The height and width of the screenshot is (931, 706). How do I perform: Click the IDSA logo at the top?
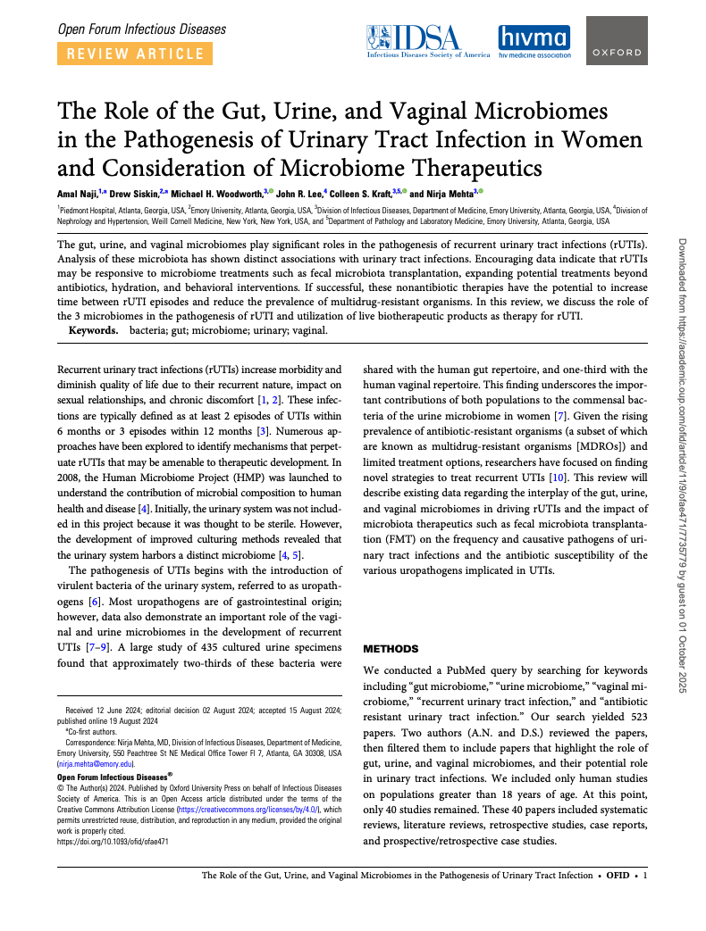coord(427,40)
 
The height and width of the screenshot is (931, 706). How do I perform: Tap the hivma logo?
coord(534,41)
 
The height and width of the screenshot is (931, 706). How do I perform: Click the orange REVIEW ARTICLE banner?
coord(131,54)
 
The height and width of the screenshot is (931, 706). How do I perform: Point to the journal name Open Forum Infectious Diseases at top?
coord(141,29)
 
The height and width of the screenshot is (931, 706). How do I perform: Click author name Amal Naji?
coord(78,192)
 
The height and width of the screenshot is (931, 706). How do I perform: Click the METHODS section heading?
coord(391,647)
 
